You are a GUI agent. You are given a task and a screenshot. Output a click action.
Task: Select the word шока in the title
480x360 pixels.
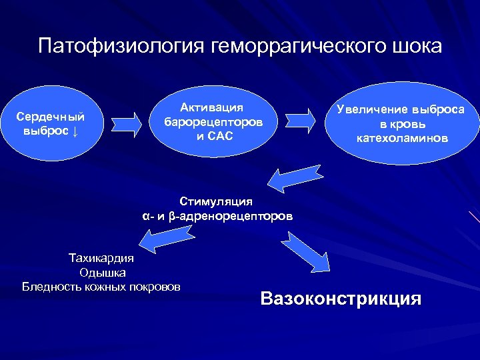[418, 46]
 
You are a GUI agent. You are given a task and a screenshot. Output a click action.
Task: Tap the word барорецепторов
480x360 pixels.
[213, 123]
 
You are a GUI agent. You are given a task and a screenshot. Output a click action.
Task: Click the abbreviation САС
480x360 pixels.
[221, 137]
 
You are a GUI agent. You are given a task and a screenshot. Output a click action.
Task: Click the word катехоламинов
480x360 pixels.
[401, 138]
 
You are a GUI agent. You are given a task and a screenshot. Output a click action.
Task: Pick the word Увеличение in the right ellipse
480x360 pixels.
[371, 109]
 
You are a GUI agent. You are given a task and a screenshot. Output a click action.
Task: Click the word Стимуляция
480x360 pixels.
[216, 201]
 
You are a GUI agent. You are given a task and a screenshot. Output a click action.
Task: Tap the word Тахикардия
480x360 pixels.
[102, 257]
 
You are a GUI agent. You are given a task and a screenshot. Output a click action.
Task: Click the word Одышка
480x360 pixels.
[102, 272]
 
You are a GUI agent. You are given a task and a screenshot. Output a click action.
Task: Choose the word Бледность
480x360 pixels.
[50, 287]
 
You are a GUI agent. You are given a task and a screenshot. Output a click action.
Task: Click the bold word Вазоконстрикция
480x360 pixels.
[341, 298]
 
